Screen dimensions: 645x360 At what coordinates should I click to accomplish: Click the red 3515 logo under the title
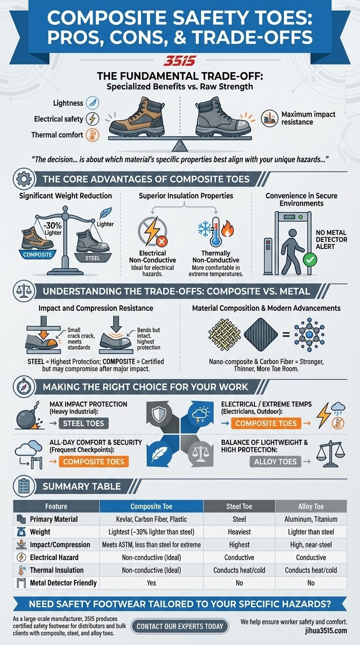[x=180, y=61]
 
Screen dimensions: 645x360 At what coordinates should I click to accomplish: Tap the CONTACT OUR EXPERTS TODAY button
[x=180, y=626]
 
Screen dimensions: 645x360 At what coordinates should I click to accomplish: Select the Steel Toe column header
[x=239, y=506]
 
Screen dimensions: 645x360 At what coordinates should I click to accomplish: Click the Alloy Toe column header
[x=311, y=506]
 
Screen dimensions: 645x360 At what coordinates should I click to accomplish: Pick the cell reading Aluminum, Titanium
[x=311, y=519]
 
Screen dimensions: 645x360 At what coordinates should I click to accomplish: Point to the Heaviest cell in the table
[x=239, y=532]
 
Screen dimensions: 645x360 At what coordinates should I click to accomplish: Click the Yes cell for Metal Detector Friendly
[x=151, y=583]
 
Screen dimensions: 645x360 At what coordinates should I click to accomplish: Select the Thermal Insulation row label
[x=56, y=570]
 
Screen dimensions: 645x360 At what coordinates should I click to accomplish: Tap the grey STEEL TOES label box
[x=85, y=423]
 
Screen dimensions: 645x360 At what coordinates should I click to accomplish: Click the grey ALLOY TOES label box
[x=275, y=462]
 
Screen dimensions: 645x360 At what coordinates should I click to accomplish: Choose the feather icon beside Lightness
[x=93, y=103]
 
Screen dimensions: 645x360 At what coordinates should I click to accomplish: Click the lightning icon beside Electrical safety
[x=93, y=119]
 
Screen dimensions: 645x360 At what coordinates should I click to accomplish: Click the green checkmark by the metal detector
[x=310, y=259]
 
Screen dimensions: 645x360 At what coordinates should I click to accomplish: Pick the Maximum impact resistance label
[x=308, y=118]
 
